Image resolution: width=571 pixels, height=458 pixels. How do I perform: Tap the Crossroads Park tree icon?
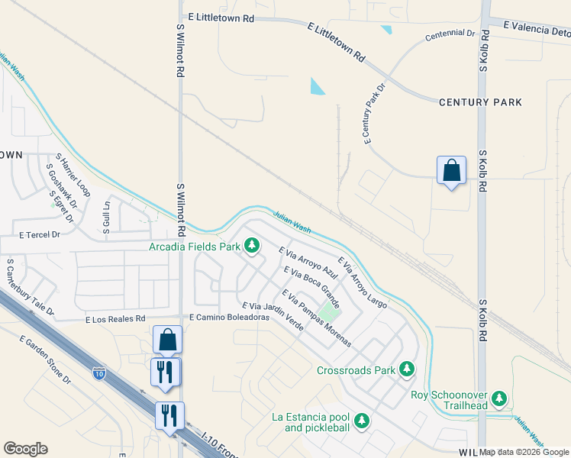407,370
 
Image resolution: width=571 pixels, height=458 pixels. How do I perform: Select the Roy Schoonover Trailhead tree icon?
499,398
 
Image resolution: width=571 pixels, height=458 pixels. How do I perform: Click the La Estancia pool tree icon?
362,421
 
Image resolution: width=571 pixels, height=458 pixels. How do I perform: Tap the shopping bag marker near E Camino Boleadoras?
167,340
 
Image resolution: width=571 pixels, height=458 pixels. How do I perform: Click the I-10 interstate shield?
99,373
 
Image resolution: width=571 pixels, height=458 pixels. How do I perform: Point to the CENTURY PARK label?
480,102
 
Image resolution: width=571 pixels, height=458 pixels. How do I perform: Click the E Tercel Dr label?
40,235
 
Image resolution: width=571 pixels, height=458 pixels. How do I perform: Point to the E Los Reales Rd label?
115,318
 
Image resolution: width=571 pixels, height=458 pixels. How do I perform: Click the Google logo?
25,449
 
